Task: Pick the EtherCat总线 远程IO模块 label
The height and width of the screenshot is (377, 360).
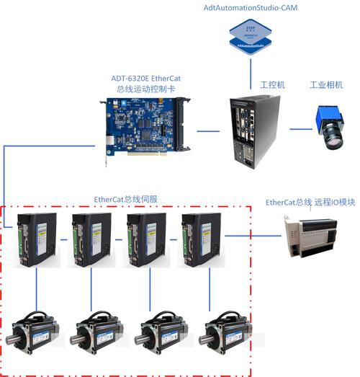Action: pos(311,203)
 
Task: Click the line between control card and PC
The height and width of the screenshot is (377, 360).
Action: pos(209,131)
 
